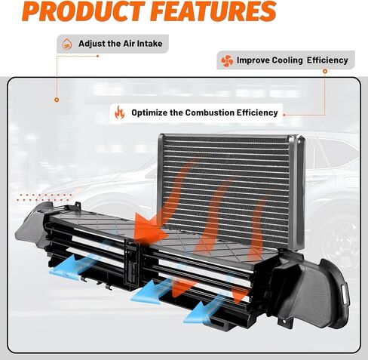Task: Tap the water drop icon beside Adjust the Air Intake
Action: (67, 44)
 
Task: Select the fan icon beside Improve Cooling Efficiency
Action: (227, 60)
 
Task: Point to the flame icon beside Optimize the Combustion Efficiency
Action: (120, 112)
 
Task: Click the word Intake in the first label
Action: (150, 44)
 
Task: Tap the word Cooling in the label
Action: (287, 60)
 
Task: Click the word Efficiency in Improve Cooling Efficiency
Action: (327, 60)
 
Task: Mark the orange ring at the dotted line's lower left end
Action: (57, 100)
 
